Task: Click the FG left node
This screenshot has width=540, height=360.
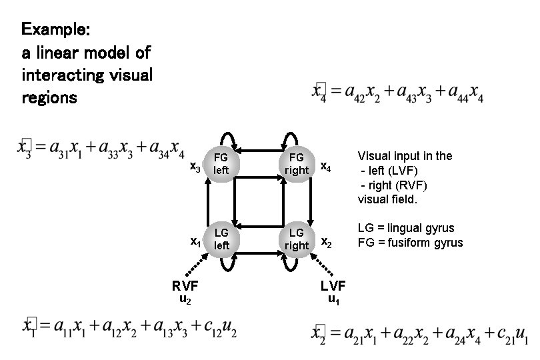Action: [x=221, y=163]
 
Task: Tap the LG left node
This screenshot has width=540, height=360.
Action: [x=221, y=239]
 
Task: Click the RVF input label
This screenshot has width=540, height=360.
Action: [x=185, y=287]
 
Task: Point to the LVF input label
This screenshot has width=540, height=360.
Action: [x=333, y=286]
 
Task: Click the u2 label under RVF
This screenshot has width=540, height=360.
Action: [x=186, y=301]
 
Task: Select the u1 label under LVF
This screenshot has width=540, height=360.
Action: [x=334, y=301]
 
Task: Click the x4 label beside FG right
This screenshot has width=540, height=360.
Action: [x=326, y=165]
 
